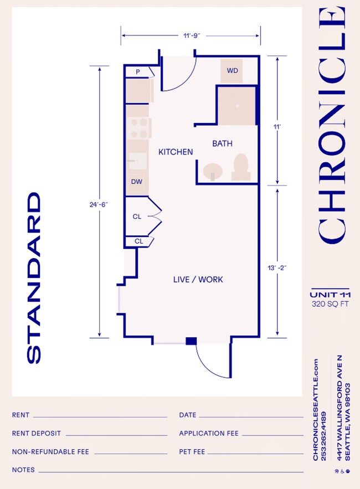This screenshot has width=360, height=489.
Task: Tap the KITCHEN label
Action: coord(176,152)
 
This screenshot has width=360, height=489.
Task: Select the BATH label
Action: coord(222,143)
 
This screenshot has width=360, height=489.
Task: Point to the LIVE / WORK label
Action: coord(198,280)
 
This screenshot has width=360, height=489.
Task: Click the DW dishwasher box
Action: coord(136,182)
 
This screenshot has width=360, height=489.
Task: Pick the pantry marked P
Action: coord(136,71)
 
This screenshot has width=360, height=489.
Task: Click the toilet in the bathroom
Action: coord(240,166)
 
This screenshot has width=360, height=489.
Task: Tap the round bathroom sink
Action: coord(212,171)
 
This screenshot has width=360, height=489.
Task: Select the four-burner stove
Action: coord(138,128)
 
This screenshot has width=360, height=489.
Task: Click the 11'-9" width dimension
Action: coord(191,35)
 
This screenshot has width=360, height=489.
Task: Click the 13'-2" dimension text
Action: coord(276,267)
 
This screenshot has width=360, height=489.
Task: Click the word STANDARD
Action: coord(34,278)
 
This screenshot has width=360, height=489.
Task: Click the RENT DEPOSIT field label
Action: coord(36,434)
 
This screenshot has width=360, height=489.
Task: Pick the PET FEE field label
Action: coord(192,452)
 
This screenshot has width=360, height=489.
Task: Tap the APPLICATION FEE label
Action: coord(209,434)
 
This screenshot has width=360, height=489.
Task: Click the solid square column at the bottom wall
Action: coord(191,341)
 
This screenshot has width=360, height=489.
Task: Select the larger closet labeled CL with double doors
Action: coord(138,217)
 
